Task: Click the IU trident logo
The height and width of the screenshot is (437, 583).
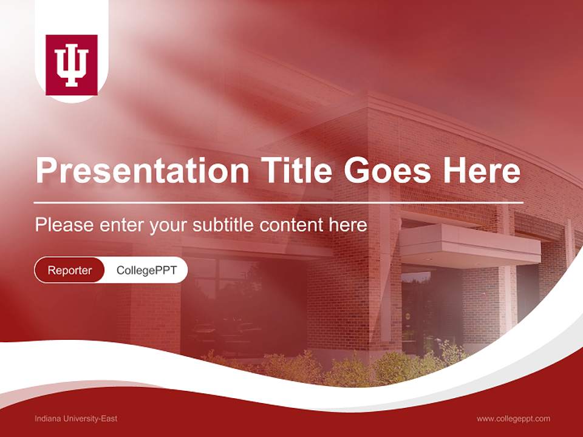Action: point(72,65)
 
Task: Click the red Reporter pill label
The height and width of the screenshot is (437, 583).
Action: point(70,270)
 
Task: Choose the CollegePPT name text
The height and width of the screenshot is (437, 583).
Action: point(146,270)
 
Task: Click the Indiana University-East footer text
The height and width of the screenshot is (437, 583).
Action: point(76,418)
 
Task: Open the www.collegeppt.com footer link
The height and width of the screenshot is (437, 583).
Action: point(513,418)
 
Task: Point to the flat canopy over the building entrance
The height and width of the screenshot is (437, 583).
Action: point(471,243)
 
